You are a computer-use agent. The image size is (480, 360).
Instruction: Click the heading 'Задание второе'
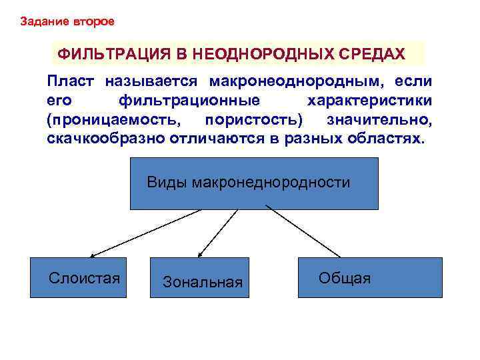[x=67, y=21]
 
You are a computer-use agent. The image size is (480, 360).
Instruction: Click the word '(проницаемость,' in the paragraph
[x=113, y=121]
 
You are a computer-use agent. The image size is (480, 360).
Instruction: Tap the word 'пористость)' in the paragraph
[x=254, y=121]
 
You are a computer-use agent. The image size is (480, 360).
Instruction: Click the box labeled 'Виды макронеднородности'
[x=253, y=183]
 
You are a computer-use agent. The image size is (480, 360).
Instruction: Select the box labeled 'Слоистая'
[x=80, y=277]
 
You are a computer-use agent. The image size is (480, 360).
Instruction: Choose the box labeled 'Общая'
[x=369, y=277]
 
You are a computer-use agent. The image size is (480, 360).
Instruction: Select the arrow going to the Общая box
[x=303, y=233]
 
